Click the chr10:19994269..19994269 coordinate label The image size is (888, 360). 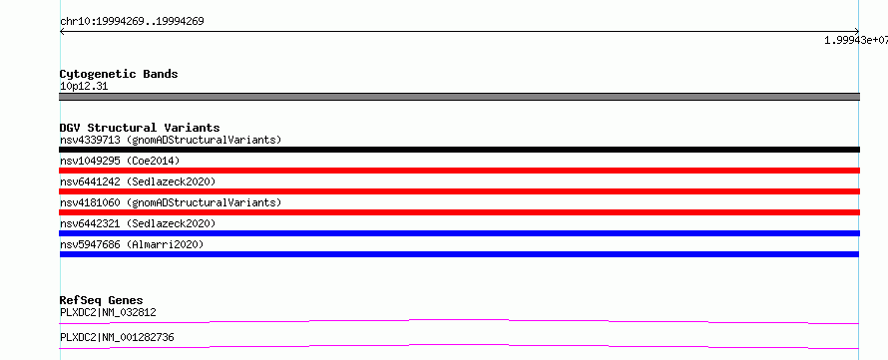coord(132,22)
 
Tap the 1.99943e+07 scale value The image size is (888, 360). coord(856,40)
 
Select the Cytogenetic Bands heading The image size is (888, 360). coord(119,74)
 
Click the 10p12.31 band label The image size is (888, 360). coord(84,87)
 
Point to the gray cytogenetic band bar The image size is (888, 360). coord(459,97)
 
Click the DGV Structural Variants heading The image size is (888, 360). coord(140,128)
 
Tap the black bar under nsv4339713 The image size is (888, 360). coord(459,150)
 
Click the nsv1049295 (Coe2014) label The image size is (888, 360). coord(120,161)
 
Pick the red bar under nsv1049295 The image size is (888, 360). coord(459,171)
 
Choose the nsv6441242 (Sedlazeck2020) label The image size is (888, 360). coord(138,181)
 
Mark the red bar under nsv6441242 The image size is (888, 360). coord(459,191)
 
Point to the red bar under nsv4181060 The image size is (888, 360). coord(459,212)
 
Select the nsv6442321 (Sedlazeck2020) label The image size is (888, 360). coord(138,223)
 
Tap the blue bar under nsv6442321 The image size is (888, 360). coord(459,233)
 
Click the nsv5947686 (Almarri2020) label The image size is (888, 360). coord(132,244)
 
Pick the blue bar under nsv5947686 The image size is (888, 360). coord(459,254)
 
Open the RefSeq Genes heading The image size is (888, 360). coord(102,300)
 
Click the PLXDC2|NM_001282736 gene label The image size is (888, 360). coord(117,338)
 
